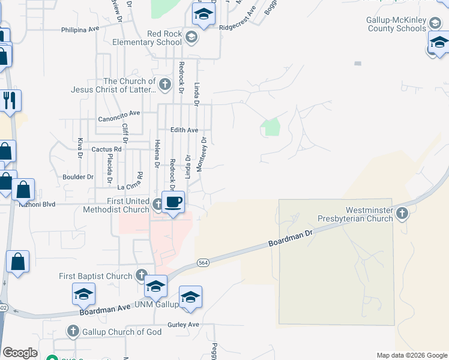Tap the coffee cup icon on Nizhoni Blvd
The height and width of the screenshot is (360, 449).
(x=173, y=202)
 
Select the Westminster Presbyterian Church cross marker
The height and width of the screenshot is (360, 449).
(x=402, y=212)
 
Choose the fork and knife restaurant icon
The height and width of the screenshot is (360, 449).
(x=10, y=100)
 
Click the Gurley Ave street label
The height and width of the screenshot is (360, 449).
(x=183, y=325)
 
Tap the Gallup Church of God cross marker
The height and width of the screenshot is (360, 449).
(x=73, y=331)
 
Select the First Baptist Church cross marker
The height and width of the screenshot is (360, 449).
(x=141, y=276)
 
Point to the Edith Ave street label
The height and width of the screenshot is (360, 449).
(x=184, y=130)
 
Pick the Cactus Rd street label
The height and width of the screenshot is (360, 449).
(x=106, y=149)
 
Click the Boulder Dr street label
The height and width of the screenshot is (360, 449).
(x=78, y=177)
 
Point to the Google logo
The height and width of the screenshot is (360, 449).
(x=20, y=353)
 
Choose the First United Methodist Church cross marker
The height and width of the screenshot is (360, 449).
(x=157, y=204)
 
